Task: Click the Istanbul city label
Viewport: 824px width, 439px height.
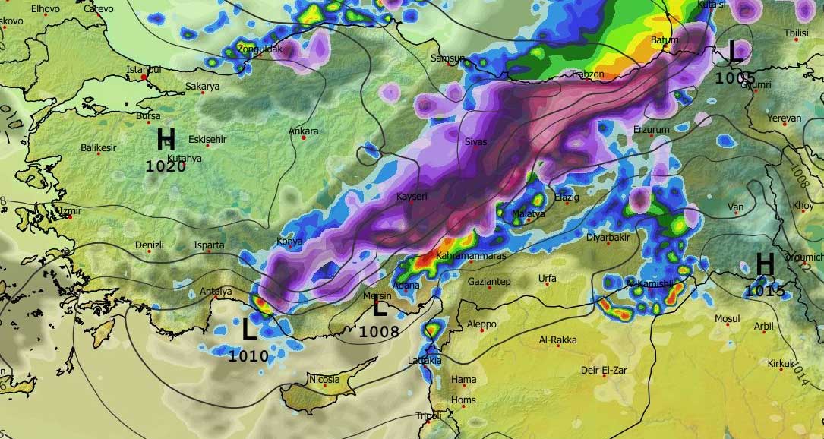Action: point(144,70)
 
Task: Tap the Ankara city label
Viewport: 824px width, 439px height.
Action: point(304,131)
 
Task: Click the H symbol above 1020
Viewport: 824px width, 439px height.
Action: point(166,141)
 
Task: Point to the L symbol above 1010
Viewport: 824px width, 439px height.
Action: point(249,330)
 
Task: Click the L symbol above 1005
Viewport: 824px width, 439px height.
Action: point(736,51)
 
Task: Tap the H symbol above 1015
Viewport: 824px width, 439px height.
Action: point(765,265)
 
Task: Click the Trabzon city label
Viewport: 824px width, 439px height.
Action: point(587,74)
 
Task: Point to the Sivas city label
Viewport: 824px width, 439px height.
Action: point(475,141)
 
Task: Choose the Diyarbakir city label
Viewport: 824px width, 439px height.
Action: point(608,237)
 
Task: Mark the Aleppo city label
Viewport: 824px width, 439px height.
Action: point(481,324)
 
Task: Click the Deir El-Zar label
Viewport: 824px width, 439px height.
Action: point(602,370)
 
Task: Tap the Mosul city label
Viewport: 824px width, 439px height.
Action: point(727,318)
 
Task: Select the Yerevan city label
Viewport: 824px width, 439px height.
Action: point(784,118)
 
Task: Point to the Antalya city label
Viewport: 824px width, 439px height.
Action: point(215,292)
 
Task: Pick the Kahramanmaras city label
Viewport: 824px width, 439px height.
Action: point(471,256)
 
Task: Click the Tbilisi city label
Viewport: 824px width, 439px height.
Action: point(796,33)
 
